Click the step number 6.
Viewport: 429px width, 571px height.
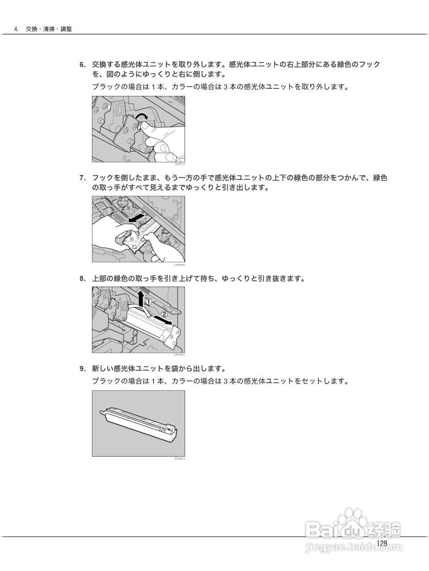coord(82,65)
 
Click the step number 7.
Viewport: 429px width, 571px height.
coord(82,178)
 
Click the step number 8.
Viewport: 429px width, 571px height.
coord(82,279)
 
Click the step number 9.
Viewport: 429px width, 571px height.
coord(82,369)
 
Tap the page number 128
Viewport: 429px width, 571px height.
coord(381,543)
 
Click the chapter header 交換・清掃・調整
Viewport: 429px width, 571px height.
coord(49,29)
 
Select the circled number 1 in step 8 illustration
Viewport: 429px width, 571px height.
coord(149,302)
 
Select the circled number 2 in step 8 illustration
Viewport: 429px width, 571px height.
coord(164,314)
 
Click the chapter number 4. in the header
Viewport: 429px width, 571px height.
coord(17,29)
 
